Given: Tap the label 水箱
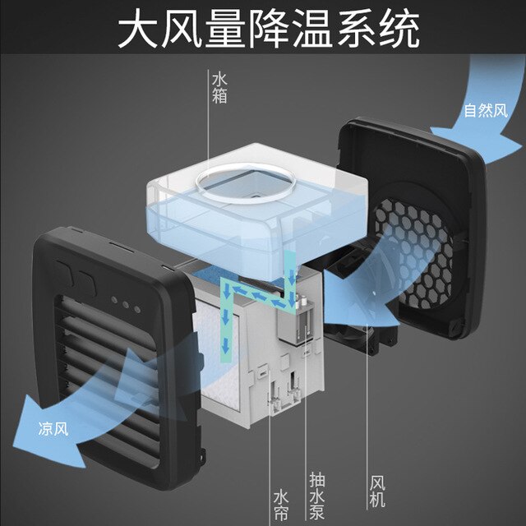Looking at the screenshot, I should coord(219,89).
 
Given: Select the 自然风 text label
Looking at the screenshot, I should coord(485,109).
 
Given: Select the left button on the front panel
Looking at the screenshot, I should coord(65,270).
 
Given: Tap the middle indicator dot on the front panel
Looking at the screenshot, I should coord(124,304).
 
